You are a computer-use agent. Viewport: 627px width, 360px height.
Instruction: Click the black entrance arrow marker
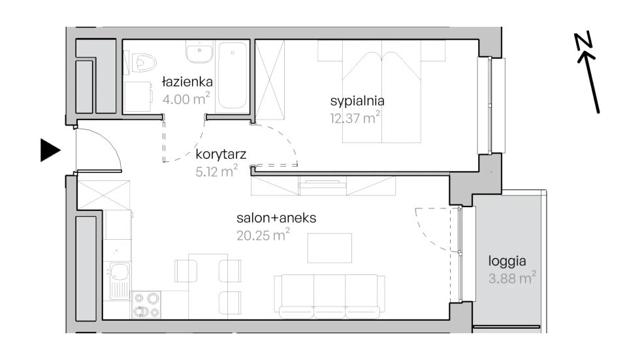click(49, 150)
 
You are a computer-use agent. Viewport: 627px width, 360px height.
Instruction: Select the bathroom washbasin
click(199, 52)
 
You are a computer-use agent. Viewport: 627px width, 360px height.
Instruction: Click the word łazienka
click(187, 82)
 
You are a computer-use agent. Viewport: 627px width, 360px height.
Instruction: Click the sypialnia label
click(357, 101)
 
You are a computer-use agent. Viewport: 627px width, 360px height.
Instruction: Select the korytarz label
click(221, 154)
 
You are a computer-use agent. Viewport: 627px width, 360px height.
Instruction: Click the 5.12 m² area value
click(217, 171)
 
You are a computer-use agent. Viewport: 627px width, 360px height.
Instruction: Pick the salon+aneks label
click(276, 218)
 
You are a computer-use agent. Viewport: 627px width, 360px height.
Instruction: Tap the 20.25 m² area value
click(263, 235)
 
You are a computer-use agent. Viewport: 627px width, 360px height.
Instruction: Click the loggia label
click(507, 261)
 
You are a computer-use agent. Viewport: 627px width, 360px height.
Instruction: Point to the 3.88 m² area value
click(512, 278)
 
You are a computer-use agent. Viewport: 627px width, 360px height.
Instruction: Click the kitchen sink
click(119, 280)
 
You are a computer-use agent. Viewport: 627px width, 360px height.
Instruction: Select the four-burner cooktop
click(146, 305)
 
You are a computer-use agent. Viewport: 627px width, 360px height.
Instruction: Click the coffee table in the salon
click(329, 248)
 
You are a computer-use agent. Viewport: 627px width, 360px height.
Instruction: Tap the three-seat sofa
click(329, 297)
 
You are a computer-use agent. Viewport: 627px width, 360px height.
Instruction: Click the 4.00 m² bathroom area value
click(186, 99)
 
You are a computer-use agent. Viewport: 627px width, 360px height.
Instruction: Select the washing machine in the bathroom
click(138, 97)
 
